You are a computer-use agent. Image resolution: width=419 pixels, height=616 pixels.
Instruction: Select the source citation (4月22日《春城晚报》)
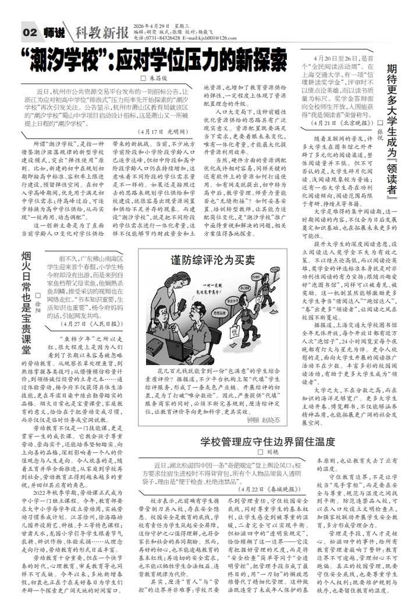point(268,505)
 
